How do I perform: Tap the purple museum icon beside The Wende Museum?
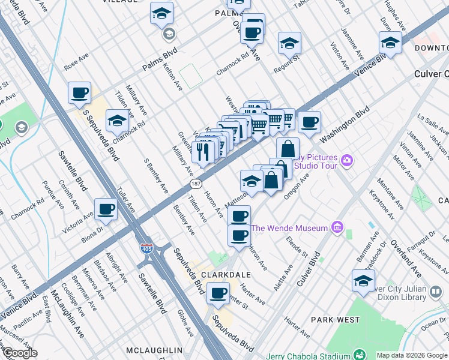(337, 228)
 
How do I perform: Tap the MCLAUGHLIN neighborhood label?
(154, 350)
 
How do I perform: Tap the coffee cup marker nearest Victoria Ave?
(106, 209)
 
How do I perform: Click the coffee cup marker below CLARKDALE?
(218, 294)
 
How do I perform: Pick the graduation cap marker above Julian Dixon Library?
(363, 281)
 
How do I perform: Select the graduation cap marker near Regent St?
(289, 44)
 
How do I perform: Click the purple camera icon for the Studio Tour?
(346, 160)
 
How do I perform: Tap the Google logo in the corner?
(19, 353)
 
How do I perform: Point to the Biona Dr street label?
(91, 229)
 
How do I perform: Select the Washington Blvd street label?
(345, 125)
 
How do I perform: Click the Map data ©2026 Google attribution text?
(411, 355)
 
